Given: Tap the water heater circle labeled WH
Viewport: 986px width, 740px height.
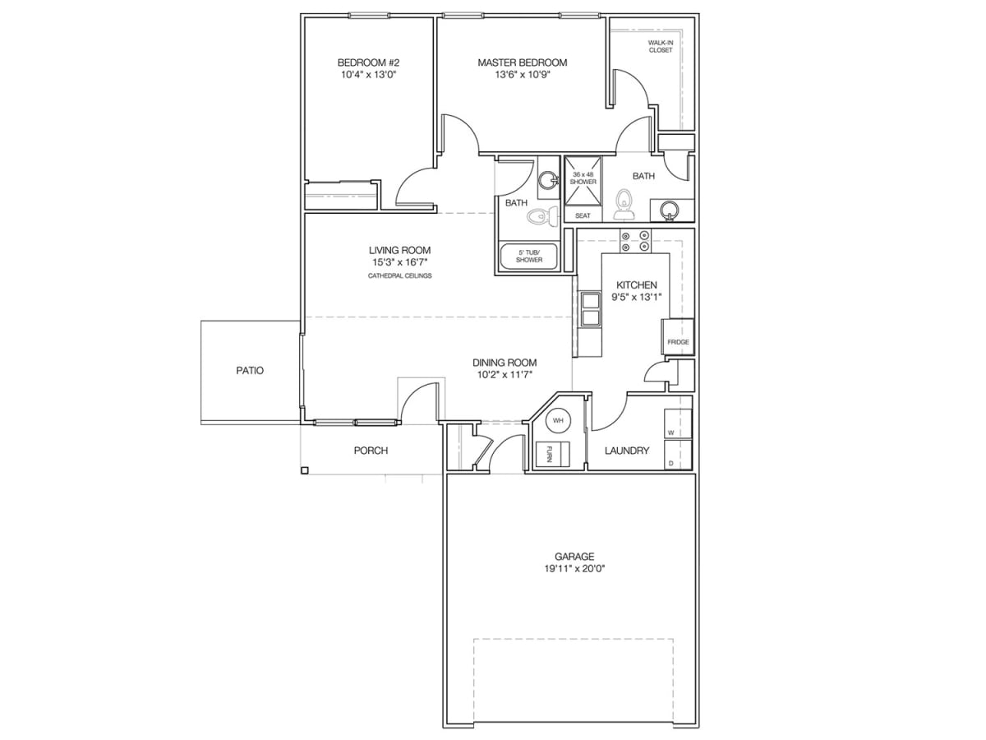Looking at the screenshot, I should pos(559,421).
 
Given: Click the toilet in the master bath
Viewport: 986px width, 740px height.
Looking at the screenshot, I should pos(624,203).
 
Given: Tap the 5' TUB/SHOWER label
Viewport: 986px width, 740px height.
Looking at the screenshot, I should pos(529,256).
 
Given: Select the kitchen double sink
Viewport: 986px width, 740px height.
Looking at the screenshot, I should pos(591,309).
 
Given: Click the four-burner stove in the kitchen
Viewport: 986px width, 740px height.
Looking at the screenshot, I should pos(635,241).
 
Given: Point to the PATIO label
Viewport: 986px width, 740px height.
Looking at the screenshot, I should pos(250,371).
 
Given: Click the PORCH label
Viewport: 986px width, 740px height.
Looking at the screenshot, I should pos(371,451).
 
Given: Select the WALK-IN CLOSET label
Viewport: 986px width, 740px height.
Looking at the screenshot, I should pos(660,46).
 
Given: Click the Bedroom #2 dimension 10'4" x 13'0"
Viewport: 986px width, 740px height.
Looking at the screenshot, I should pos(368,74).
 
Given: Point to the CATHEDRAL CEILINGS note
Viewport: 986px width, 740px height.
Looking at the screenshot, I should pos(400,275).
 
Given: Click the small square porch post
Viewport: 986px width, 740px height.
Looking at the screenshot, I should pos(305,470).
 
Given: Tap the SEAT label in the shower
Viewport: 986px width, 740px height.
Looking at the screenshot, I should pos(583,215).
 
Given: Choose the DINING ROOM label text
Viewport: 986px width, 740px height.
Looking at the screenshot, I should pos(505,363).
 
